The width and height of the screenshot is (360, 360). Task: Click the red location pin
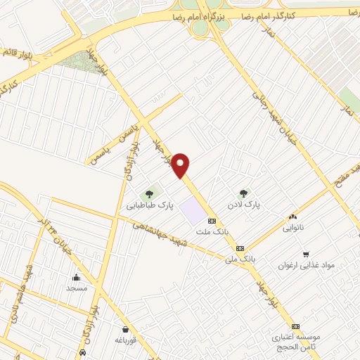[x=182, y=165]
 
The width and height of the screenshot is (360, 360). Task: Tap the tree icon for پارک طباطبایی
[x=148, y=194]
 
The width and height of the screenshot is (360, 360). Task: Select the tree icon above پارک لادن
[x=244, y=193]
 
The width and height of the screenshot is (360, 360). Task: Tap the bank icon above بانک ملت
[x=212, y=221]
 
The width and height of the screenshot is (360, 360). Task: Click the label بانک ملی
[x=238, y=259]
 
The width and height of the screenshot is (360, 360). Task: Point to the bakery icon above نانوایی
[x=292, y=217]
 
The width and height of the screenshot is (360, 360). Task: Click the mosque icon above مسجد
[x=76, y=277]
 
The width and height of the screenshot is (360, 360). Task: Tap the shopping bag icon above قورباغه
[x=125, y=329]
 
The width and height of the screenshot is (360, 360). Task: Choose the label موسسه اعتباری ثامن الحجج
[x=295, y=342]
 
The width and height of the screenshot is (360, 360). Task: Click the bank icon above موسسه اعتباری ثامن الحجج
[x=295, y=326]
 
